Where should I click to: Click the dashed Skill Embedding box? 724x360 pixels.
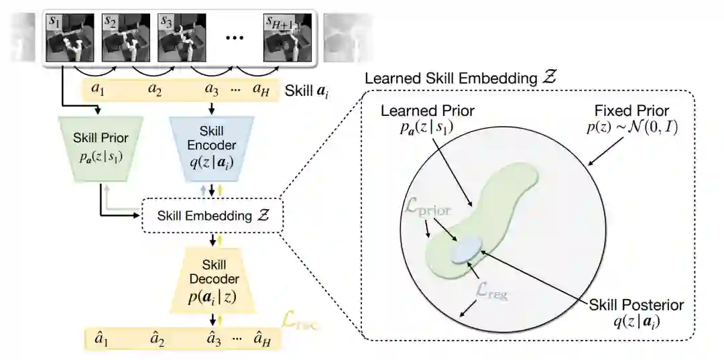(x=211, y=216)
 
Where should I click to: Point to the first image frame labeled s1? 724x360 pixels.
(x=66, y=38)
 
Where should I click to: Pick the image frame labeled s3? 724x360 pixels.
(x=179, y=38)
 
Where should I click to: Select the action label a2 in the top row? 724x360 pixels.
(x=155, y=90)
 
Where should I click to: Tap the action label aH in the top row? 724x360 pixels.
(x=261, y=90)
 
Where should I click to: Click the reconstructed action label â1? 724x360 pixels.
(x=101, y=339)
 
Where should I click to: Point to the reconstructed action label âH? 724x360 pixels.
(x=261, y=339)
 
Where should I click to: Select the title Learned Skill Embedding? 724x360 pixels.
(x=461, y=78)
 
